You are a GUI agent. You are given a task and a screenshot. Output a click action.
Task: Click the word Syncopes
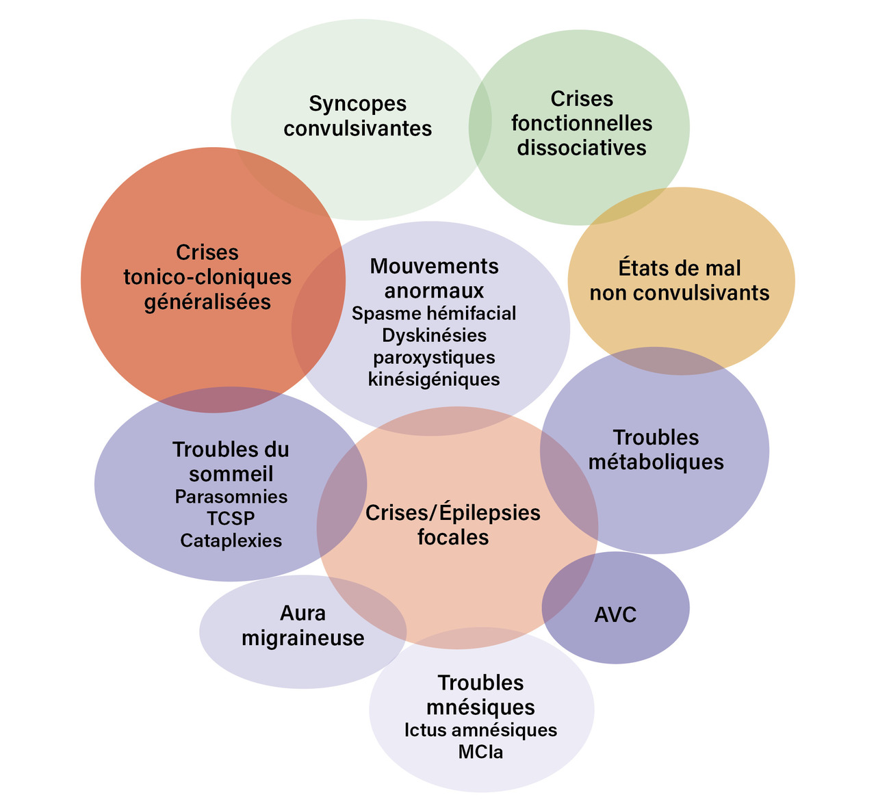coord(357,104)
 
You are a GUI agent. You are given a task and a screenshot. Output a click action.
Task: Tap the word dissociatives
coord(581,148)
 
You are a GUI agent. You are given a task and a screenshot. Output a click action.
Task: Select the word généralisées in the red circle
coord(207,302)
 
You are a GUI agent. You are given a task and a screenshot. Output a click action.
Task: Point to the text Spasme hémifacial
coord(434,313)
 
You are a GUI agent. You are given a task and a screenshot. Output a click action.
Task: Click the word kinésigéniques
coord(434,379)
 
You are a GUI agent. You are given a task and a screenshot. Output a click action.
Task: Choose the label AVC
coord(615,614)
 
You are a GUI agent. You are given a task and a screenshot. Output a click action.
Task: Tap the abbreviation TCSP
coord(231,518)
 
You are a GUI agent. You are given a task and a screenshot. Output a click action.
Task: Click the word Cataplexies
coord(231,540)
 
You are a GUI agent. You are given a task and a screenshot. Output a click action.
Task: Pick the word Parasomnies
coord(231,496)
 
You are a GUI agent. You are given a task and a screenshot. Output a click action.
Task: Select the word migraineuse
coord(302,638)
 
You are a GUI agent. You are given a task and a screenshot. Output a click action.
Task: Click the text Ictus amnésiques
coord(480,730)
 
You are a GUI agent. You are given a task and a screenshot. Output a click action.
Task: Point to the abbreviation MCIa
coord(480,752)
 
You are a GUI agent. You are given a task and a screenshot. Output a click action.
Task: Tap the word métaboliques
coord(656,462)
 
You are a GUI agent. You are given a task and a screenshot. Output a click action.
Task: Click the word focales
coord(453,537)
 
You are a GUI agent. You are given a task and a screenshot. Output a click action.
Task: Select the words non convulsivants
coord(680,293)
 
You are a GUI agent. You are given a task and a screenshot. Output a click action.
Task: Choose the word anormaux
coord(434,290)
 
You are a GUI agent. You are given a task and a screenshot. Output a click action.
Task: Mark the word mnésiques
coord(480,706)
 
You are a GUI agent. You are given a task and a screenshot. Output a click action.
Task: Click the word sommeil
coord(231,473)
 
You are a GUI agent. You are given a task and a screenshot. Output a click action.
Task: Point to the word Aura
coord(302,614)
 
